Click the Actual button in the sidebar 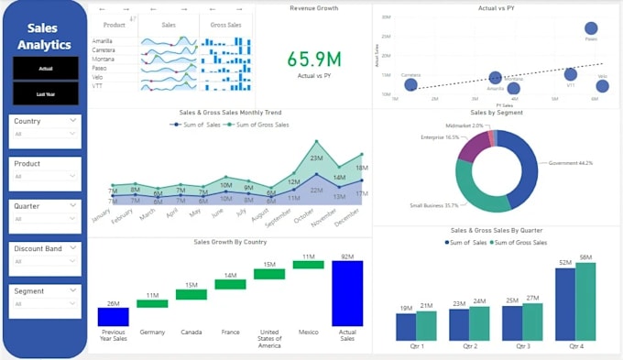click(45, 68)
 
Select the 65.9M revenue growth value click(314, 60)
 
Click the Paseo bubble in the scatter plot click(591, 28)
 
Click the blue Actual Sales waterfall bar click(347, 293)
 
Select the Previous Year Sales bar click(113, 316)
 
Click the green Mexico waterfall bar click(309, 265)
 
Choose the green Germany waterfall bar click(152, 303)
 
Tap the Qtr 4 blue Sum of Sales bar click(565, 303)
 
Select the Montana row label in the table click(103, 60)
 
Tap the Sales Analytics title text click(45, 36)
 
